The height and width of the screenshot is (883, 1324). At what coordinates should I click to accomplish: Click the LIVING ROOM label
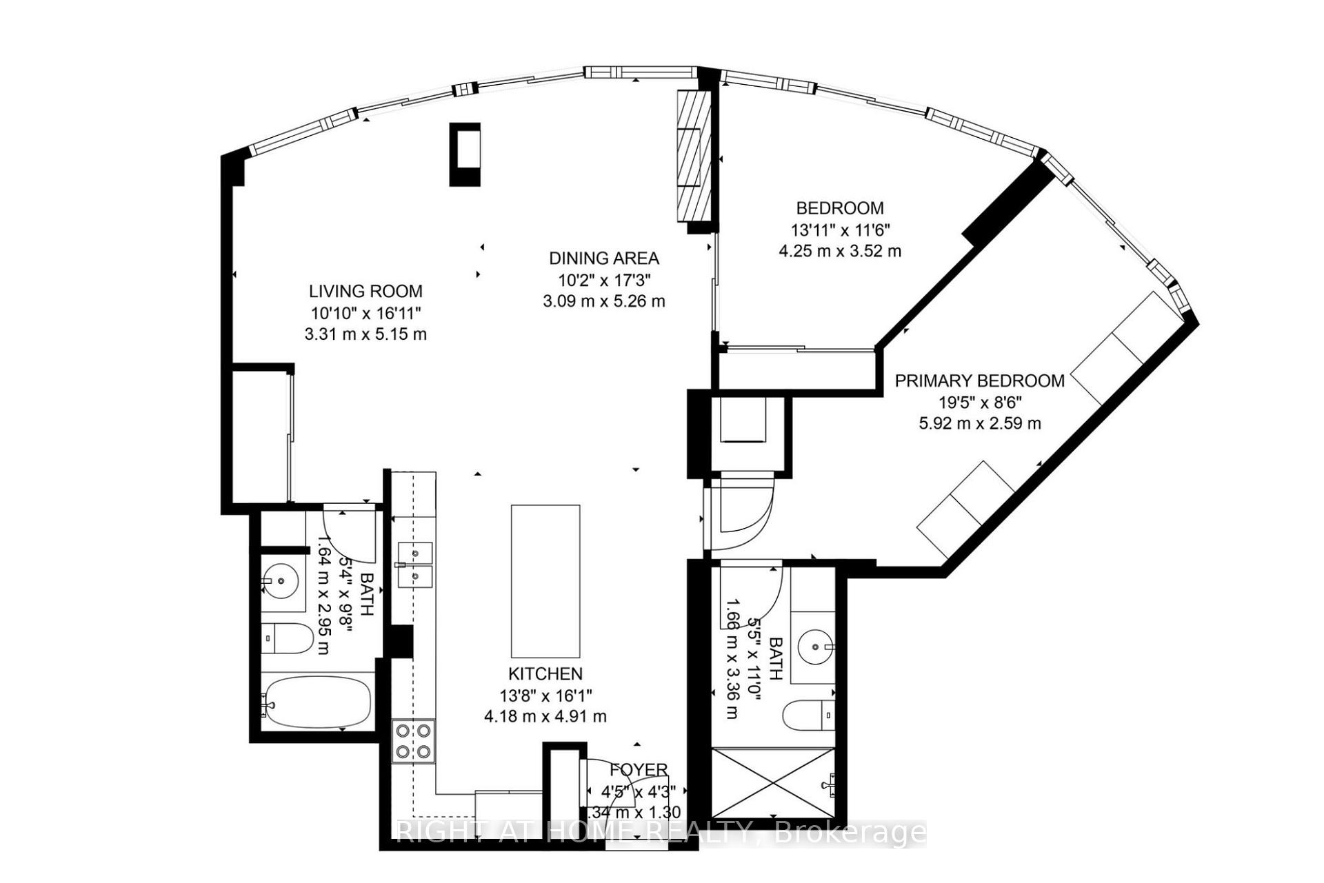point(365,291)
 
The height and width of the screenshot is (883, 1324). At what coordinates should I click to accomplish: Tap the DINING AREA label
point(603,258)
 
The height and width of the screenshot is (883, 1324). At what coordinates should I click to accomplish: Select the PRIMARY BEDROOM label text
point(979,380)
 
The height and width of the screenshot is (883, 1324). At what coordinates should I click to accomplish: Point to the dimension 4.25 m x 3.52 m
point(839,251)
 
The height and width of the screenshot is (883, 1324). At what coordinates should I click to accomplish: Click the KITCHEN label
point(545,673)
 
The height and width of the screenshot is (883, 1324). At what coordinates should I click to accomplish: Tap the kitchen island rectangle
point(545,581)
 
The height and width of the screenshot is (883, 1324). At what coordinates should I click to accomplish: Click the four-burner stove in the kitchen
point(414,740)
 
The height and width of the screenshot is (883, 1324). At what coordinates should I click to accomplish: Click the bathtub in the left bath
point(318,702)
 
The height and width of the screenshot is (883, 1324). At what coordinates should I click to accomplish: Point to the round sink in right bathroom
point(816,647)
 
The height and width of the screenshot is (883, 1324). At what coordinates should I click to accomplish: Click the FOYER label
point(638,769)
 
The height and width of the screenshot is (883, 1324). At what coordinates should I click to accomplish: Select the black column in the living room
point(465,154)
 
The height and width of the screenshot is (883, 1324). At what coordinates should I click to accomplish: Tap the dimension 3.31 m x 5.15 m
point(365,334)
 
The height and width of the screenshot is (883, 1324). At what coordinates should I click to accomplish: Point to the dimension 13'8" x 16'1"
point(545,695)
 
